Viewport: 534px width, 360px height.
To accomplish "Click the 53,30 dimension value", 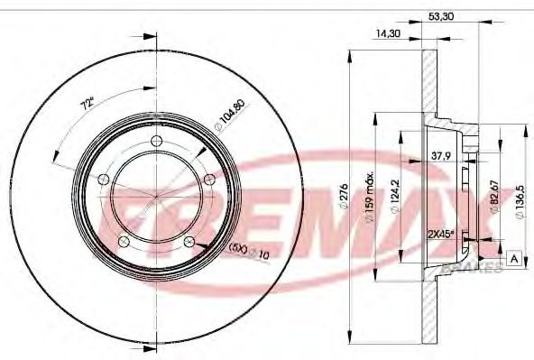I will [441, 16].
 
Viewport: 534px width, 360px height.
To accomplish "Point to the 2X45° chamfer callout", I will [442, 234].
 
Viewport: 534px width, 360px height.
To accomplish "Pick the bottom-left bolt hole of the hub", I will [123, 240].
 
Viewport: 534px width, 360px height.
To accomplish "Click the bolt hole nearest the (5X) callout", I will [188, 241].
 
